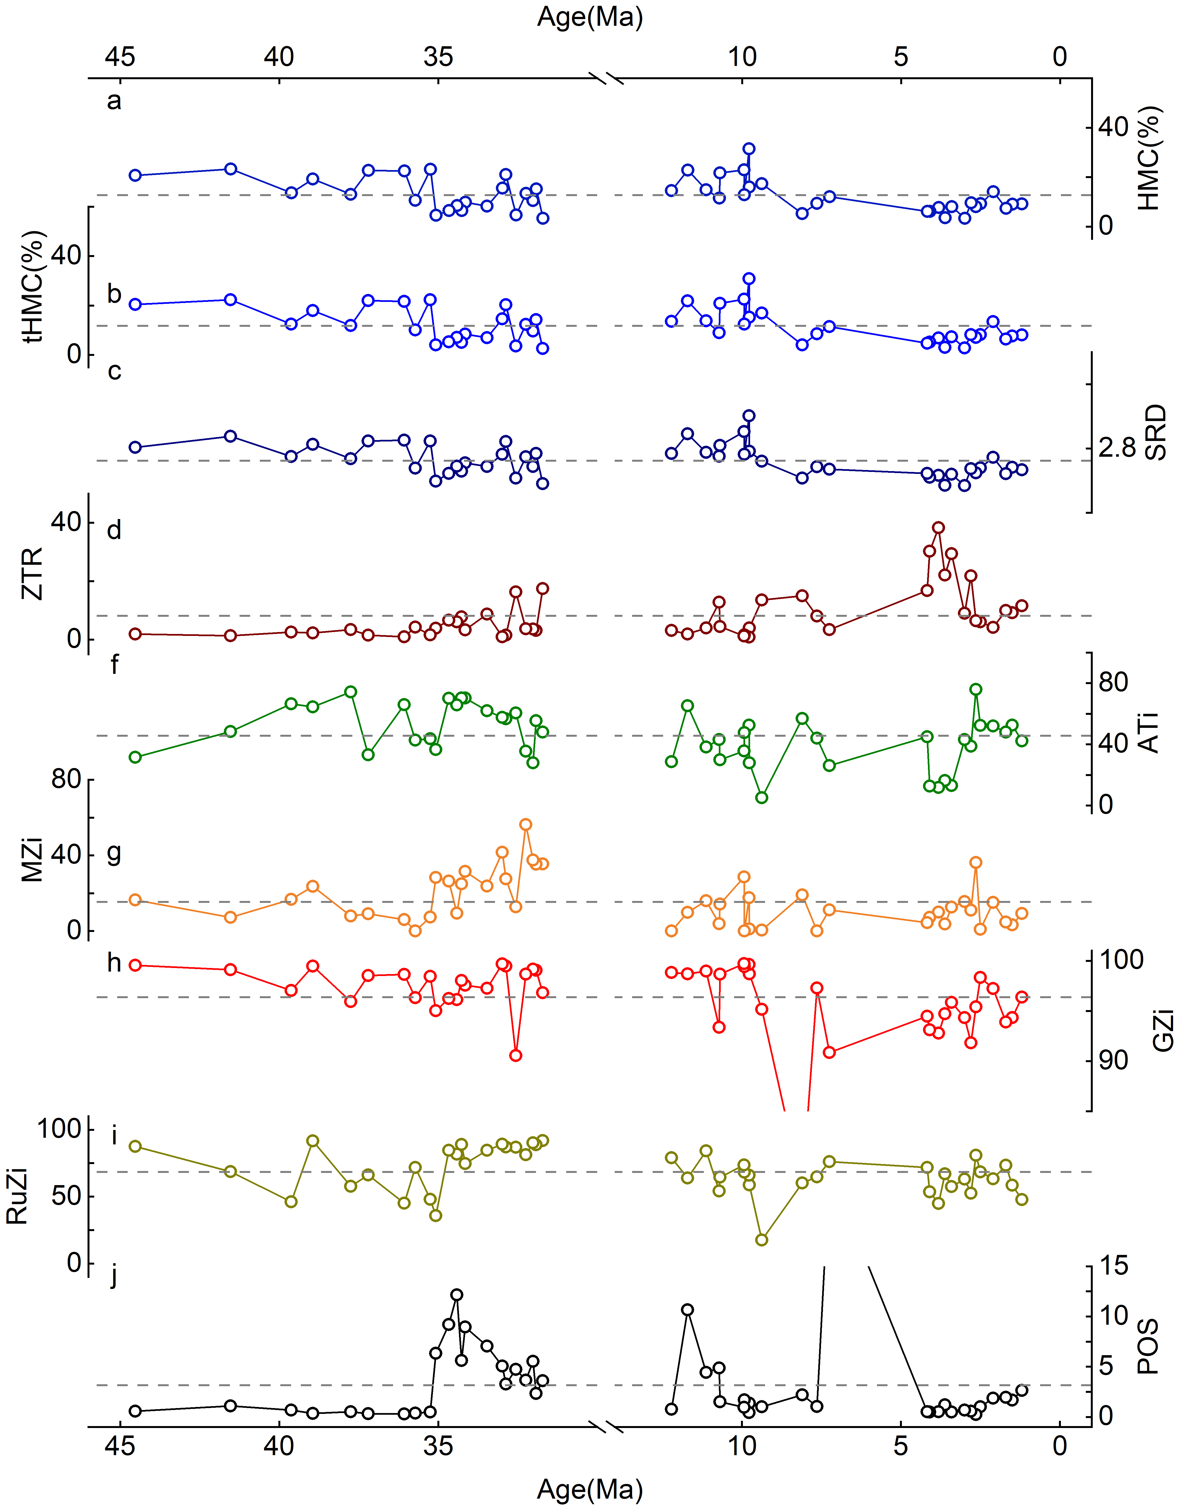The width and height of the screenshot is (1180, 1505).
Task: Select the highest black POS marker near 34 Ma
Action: click(457, 1294)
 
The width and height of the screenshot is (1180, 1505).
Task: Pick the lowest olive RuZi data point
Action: click(762, 1240)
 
